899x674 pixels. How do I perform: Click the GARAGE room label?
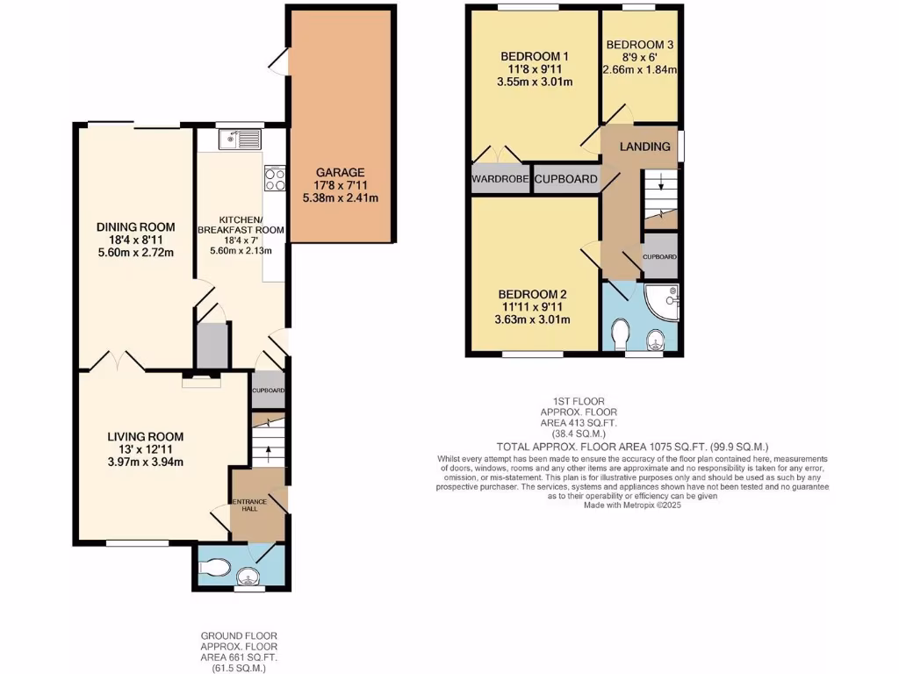pos(341,173)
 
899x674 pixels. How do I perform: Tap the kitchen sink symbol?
pos(239,139)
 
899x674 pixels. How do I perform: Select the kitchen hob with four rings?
pos(274,179)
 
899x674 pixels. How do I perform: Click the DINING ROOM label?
pos(135,227)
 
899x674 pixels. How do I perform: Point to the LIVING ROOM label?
pos(145,436)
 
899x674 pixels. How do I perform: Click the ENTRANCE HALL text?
pos(248,506)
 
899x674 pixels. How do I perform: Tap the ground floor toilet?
pos(212,569)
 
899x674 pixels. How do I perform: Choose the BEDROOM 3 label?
pos(640,45)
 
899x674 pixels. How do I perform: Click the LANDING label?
pos(644,147)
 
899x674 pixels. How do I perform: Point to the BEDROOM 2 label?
pos(532,294)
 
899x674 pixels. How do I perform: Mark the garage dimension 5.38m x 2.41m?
pos(341,198)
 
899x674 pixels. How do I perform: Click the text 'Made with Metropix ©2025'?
pos(631,505)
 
